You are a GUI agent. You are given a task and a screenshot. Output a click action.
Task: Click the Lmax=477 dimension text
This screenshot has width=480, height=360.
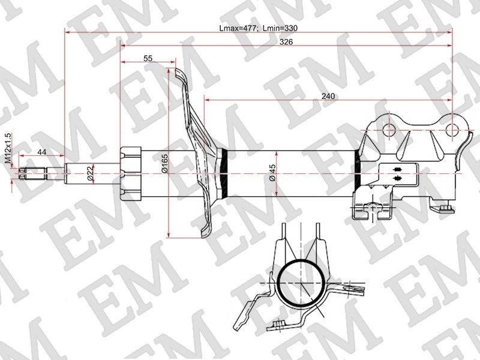[239, 28]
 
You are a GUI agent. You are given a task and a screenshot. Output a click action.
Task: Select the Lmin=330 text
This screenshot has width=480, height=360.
[280, 28]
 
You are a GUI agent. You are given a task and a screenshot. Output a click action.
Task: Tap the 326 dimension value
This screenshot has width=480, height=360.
[286, 42]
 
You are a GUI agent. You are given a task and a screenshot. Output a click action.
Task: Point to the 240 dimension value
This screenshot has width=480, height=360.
[328, 96]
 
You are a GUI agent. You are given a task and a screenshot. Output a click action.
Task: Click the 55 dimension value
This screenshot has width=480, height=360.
[148, 58]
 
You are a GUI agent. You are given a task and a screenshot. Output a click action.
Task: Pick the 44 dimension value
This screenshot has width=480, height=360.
[41, 152]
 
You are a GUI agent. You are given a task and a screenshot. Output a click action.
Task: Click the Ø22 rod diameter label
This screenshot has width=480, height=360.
[89, 173]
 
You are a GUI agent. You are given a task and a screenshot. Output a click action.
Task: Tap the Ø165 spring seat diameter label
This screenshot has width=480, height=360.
[164, 164]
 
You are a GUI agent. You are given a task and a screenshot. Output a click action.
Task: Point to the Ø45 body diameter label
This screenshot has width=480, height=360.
[272, 173]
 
